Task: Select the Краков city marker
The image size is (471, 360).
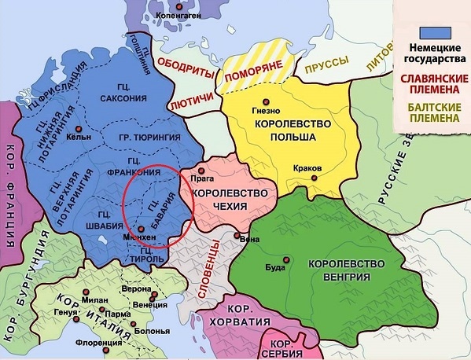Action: pyautogui.click(x=315, y=178)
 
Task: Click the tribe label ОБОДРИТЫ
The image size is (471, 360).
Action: pyautogui.click(x=186, y=68)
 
